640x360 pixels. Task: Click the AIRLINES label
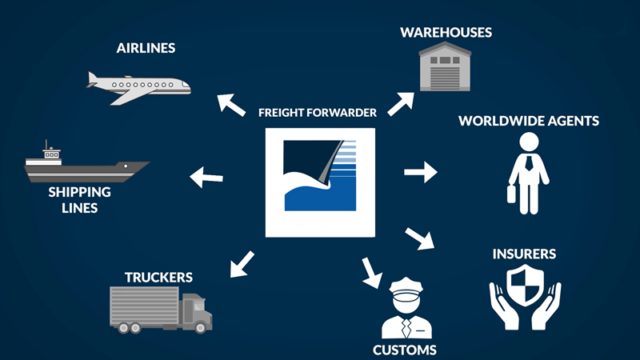pos(145,48)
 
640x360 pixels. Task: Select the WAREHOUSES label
pos(446,33)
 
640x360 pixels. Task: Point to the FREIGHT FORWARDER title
pos(318,113)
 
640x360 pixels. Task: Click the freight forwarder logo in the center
pos(320,182)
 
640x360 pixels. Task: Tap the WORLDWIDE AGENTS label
pos(528,122)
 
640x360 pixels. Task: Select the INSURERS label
pos(525,255)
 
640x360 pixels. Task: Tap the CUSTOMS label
pos(405,350)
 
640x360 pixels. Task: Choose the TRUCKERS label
pos(158,278)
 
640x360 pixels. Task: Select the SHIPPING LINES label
pos(79,200)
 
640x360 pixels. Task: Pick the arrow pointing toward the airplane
pos(233,104)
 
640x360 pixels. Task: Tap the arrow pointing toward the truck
pos(241,263)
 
